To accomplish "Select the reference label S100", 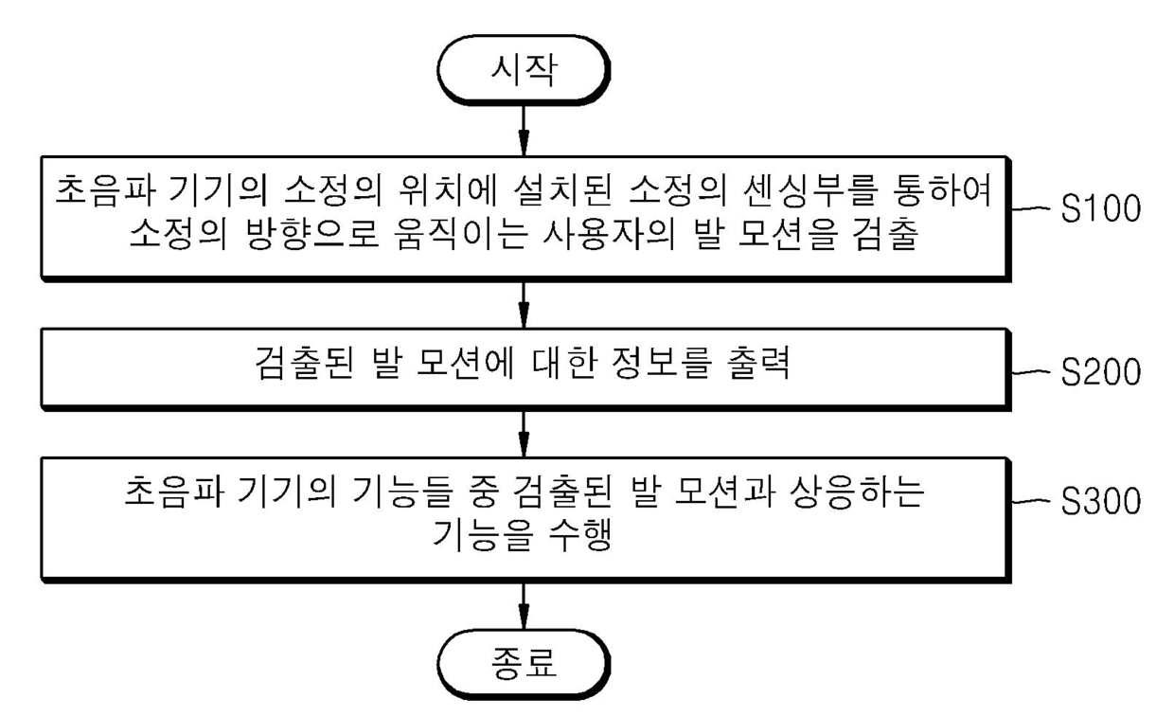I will coord(1100,209).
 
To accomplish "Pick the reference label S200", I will coord(1100,372).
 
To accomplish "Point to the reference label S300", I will coord(1100,501).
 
